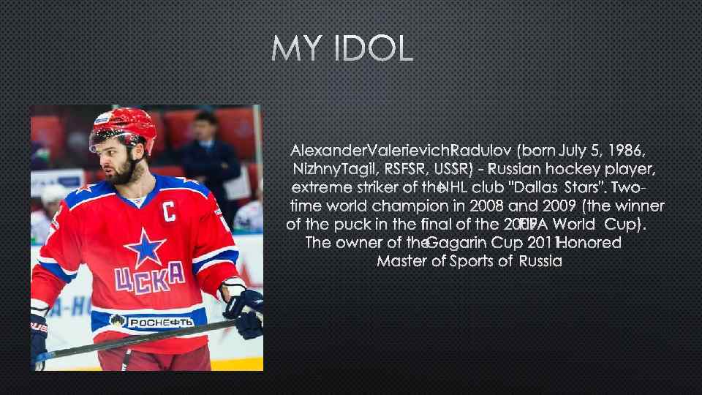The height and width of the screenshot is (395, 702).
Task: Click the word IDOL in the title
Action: [374, 50]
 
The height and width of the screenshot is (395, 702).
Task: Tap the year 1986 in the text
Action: [626, 151]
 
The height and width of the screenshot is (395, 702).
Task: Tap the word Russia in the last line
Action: [540, 261]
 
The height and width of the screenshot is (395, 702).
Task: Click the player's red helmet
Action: [124, 124]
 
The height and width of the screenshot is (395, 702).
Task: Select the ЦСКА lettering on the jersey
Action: [148, 281]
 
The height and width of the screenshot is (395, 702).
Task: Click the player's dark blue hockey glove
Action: [245, 310]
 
